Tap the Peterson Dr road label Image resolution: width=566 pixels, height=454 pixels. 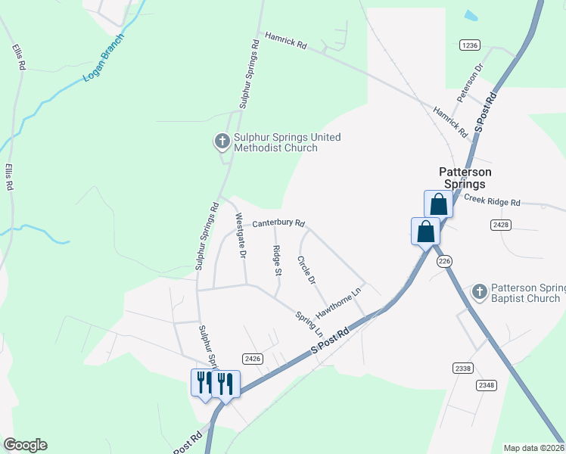pos(468,84)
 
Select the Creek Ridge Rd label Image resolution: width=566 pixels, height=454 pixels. pos(492,201)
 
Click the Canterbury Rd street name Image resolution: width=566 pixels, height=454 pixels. pos(278,223)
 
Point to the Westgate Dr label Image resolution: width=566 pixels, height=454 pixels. pos(241,236)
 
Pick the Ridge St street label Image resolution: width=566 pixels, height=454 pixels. pos(277,261)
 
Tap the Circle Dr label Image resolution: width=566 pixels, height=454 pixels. pos(306,271)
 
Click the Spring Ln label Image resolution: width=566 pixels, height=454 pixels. pos(309,324)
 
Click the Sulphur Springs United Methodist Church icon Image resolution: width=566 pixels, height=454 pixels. pos(222,141)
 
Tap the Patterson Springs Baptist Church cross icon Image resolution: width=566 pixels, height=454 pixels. pos(479,292)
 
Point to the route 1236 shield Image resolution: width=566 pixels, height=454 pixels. pos(470,45)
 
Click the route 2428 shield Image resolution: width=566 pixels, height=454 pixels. pos(500,225)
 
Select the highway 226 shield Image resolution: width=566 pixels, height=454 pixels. pos(444,260)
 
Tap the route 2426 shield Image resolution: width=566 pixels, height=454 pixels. pos(252,358)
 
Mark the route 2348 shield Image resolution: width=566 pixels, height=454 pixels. pos(487,385)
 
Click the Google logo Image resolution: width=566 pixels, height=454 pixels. pos(25,445)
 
